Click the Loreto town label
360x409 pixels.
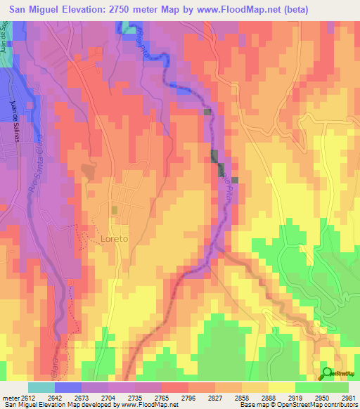pos(115,239)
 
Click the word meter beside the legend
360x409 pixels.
pos(9,397)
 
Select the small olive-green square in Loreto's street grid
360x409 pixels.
pos(115,209)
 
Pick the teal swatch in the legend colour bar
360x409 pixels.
pos(41,387)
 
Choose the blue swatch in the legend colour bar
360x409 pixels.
pos(67,387)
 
